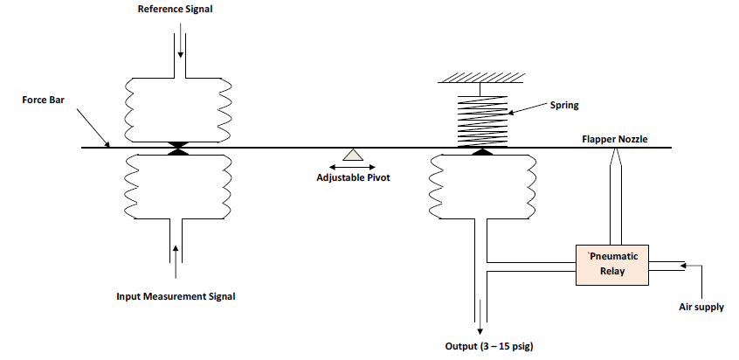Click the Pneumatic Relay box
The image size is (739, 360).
(x=612, y=263)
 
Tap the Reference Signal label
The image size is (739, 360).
(x=175, y=10)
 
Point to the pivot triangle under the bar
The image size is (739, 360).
(x=353, y=155)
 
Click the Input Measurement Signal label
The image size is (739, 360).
(x=176, y=296)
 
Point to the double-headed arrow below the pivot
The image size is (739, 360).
(x=353, y=166)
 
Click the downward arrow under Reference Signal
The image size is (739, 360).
(x=180, y=44)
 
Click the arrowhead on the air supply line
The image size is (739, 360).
(x=684, y=263)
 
